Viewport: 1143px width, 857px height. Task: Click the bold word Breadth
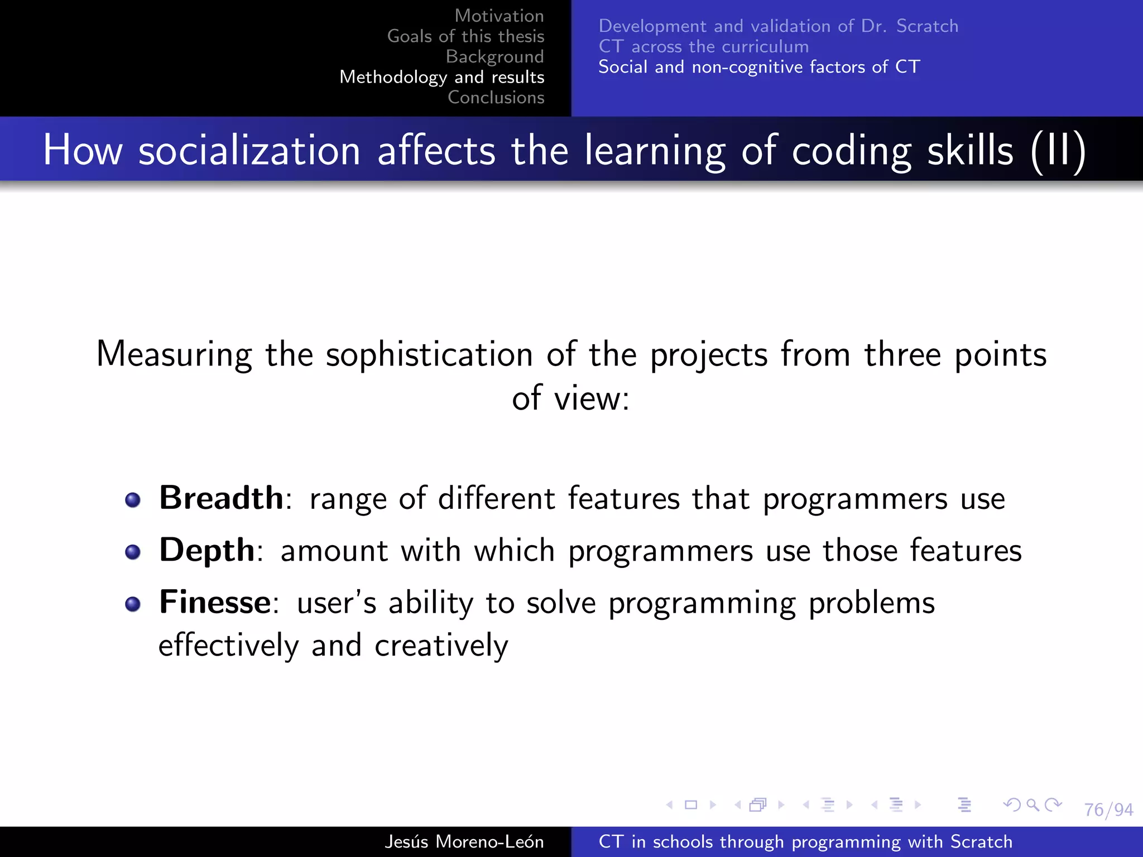tap(221, 498)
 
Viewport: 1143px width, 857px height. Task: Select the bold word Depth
tap(207, 550)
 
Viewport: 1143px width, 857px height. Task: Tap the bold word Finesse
tap(215, 603)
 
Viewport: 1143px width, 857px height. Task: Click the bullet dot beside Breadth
tap(133, 500)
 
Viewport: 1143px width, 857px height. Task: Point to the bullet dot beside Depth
tap(133, 552)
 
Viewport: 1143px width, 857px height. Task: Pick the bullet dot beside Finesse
tap(133, 604)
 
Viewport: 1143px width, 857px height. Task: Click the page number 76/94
tap(1108, 810)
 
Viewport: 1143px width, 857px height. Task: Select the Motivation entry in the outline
tap(499, 16)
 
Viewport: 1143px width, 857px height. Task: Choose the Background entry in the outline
tap(494, 56)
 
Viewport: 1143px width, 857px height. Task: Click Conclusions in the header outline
tap(496, 97)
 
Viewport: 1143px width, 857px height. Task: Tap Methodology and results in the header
tap(441, 77)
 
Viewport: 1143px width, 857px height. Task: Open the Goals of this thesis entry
tap(465, 36)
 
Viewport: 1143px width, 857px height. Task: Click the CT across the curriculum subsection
tap(703, 46)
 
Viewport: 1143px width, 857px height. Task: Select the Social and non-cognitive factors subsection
tap(758, 67)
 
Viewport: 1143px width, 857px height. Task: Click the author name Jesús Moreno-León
tap(464, 841)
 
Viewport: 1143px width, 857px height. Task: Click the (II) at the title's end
tap(1058, 151)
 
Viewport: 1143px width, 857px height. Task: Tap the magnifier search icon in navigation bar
tap(1032, 805)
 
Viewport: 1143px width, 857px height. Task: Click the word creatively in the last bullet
tap(441, 646)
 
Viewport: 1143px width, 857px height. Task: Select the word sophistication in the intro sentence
tap(429, 355)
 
